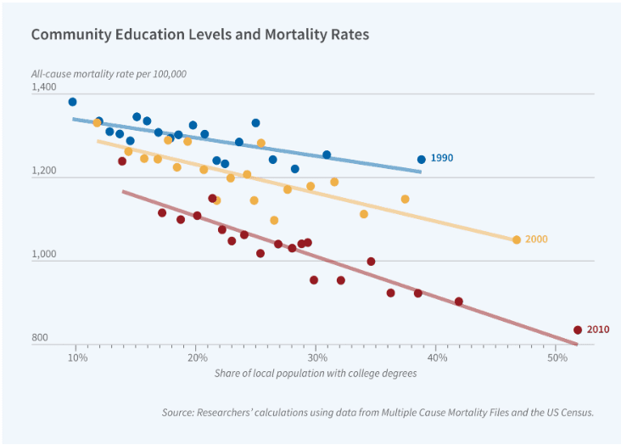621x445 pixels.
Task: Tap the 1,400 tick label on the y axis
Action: (43, 87)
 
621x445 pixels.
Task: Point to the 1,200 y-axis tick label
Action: (43, 171)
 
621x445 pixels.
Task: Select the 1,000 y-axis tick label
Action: (43, 255)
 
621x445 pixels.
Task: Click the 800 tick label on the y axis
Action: (39, 338)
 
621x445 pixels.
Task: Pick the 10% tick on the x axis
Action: (76, 358)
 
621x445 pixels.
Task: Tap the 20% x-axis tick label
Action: (196, 358)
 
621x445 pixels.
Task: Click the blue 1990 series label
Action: (441, 159)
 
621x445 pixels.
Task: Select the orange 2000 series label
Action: (536, 239)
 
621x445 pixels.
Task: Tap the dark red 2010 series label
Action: (597, 330)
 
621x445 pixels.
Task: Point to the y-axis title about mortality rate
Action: (109, 74)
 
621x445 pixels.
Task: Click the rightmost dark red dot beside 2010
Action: (578, 330)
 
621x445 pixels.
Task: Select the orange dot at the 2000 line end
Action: (517, 239)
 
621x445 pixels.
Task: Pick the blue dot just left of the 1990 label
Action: (421, 159)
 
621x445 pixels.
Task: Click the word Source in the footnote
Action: (179, 413)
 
